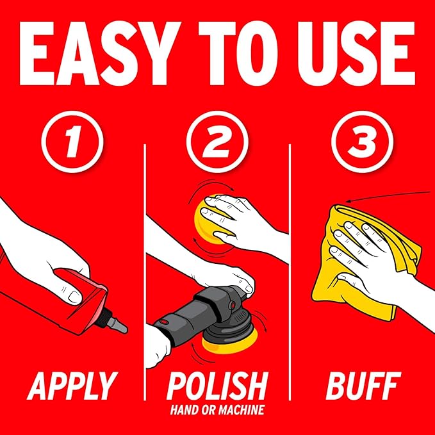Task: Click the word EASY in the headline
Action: coord(94,53)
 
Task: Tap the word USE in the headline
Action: coord(356,53)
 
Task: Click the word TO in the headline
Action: coord(238,53)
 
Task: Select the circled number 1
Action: coord(72,142)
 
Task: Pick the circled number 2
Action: coord(217,142)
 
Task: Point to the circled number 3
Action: coord(363,142)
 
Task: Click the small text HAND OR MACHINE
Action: coord(217,410)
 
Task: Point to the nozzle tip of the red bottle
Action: coord(126,329)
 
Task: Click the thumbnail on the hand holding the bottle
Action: coord(74,296)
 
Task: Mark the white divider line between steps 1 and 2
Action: coord(145,272)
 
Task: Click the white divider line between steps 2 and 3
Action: coord(290,272)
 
